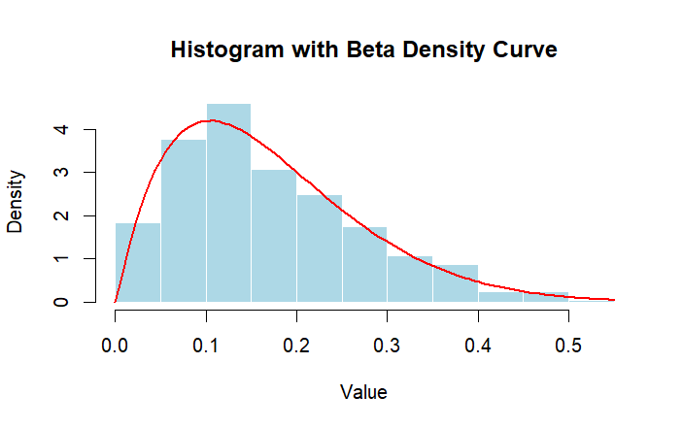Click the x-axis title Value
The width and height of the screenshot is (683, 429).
coord(364,392)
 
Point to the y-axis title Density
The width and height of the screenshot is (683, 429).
coord(16,200)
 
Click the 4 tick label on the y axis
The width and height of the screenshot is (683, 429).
coord(61,129)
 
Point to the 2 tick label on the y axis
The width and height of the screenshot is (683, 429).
coord(61,215)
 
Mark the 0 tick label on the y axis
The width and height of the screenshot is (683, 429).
coord(61,302)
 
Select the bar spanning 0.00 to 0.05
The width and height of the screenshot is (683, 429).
coord(138,262)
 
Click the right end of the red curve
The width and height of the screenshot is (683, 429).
coord(614,300)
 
